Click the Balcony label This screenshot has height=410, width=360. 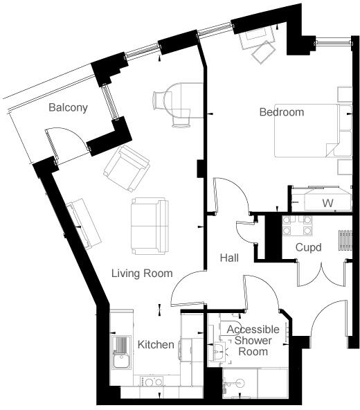pyautogui.click(x=68, y=107)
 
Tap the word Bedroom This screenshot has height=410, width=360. pyautogui.click(x=281, y=112)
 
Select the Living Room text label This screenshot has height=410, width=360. pyautogui.click(x=142, y=273)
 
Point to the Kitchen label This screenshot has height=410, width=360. pyautogui.click(x=156, y=344)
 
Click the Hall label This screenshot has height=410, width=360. pyautogui.click(x=229, y=258)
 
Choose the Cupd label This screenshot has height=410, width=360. pyautogui.click(x=308, y=247)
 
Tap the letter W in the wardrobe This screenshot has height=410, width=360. pyautogui.click(x=328, y=203)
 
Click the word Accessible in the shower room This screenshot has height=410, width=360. pyautogui.click(x=253, y=329)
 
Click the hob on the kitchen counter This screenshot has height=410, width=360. pyautogui.click(x=152, y=381)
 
